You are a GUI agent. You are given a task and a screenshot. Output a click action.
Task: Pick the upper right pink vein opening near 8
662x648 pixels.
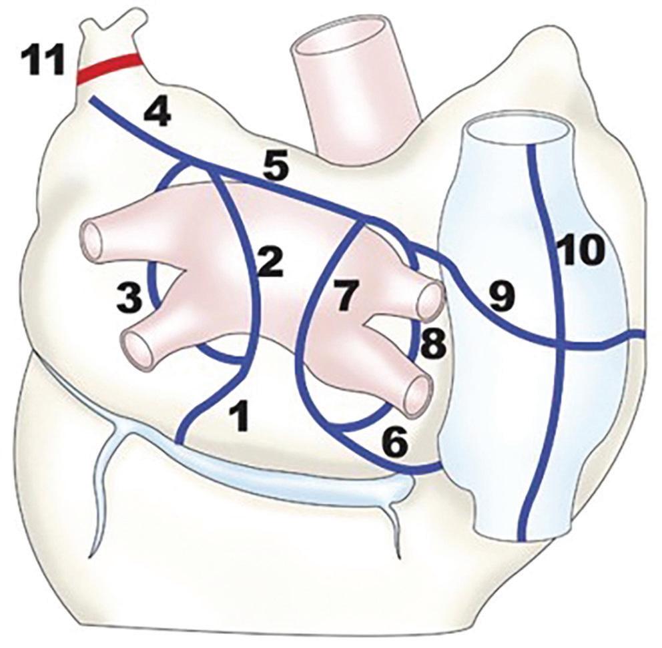[430, 302]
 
